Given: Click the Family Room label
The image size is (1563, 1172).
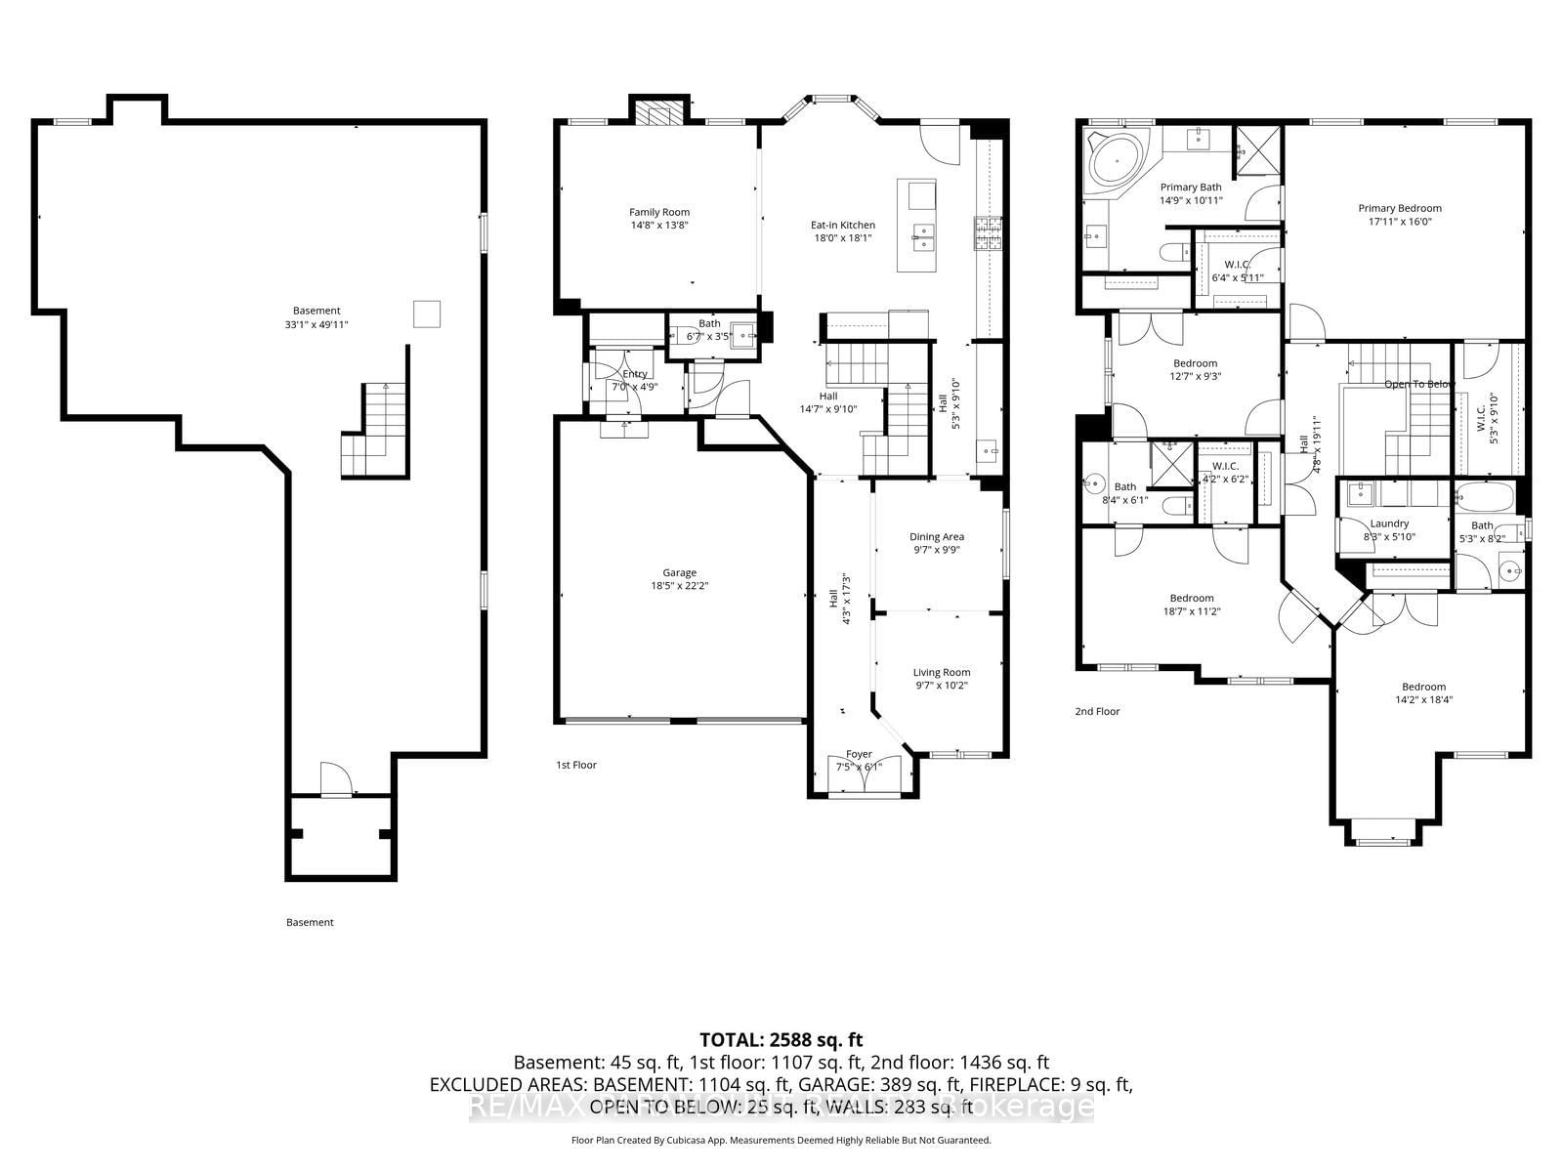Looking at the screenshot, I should pos(658,212).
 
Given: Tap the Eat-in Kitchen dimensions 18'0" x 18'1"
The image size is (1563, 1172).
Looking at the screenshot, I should pos(843,237).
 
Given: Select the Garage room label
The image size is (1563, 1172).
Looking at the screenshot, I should pos(679,573).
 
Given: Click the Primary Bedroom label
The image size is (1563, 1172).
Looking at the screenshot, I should pos(1399,208).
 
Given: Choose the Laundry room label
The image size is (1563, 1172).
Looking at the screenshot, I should pos(1388,523).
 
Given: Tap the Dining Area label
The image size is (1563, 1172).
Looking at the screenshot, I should pos(937,536).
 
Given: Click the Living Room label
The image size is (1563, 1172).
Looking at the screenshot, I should pos(942,672).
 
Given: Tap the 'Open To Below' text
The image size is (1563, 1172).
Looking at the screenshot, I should pos(1418,384).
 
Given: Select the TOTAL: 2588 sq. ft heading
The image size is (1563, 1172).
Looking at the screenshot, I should pos(781,1040).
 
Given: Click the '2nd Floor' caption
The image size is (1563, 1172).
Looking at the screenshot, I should pos(1097,711).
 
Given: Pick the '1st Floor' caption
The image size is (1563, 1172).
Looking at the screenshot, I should pos(576,765).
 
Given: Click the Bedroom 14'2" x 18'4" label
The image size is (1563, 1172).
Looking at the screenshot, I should pos(1423,687).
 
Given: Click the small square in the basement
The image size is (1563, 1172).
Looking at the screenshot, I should pos(426,314).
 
